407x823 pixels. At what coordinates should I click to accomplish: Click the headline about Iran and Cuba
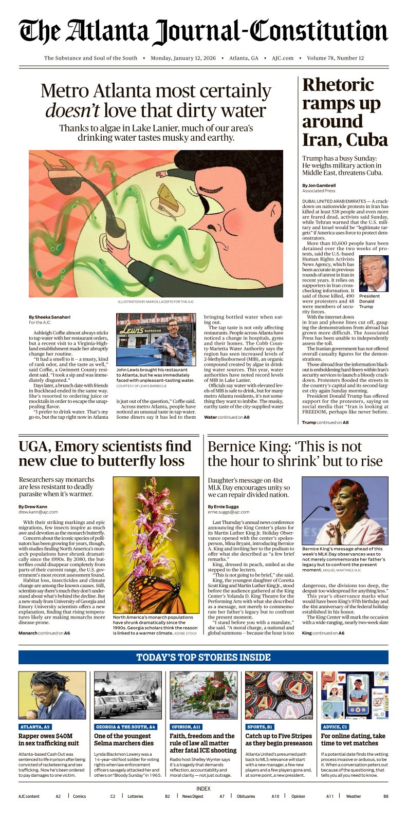point(344,112)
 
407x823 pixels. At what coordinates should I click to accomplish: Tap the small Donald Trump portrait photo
point(374,273)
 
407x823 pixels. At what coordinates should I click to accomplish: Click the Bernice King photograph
point(345,510)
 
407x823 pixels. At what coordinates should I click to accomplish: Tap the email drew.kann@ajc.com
point(38,512)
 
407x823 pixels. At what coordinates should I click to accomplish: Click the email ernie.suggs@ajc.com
point(228,512)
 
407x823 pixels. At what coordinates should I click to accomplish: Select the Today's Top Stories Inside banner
point(203,657)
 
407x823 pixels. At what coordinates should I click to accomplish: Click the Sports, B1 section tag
point(259,727)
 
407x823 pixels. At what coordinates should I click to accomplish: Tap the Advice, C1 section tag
point(335,727)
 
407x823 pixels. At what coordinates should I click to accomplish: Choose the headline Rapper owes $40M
point(49,739)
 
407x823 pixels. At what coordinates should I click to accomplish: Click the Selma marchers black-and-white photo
point(128,695)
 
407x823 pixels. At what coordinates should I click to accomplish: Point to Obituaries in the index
point(246,796)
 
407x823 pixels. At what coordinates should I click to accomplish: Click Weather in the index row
point(353,796)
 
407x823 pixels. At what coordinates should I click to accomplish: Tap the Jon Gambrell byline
point(320,185)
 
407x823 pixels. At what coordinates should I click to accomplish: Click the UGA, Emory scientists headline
point(105,454)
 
